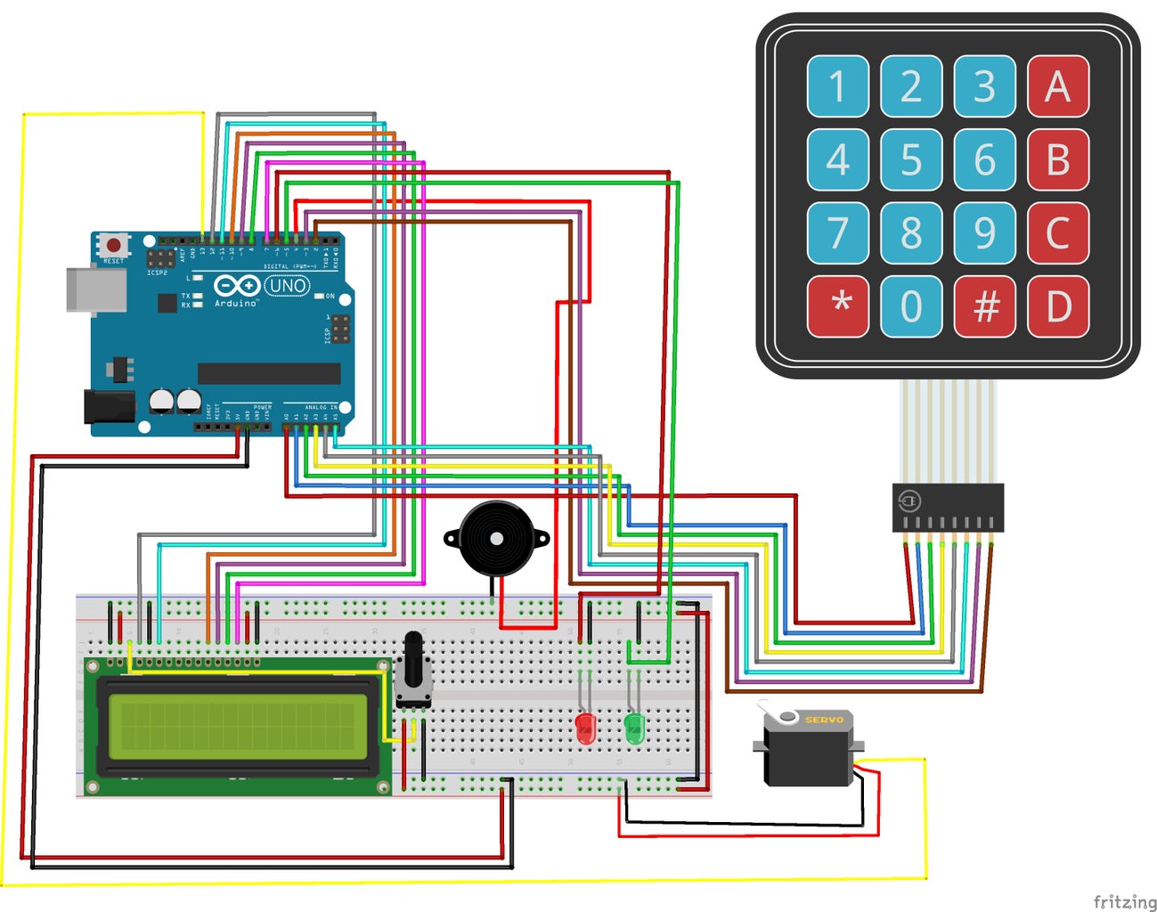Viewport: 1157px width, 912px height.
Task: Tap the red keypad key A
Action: pyautogui.click(x=1057, y=86)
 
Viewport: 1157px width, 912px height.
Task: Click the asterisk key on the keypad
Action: pyautogui.click(x=838, y=306)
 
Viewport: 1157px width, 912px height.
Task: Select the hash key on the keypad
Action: pyautogui.click(x=984, y=306)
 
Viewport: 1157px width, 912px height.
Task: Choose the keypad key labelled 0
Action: pyautogui.click(x=911, y=306)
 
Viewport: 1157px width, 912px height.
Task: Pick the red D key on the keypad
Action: pyautogui.click(x=1057, y=306)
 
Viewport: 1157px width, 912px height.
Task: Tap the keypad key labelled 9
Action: pyautogui.click(x=984, y=233)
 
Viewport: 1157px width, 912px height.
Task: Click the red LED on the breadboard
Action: pyautogui.click(x=585, y=727)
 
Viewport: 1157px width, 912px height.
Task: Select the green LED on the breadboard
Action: pyautogui.click(x=634, y=727)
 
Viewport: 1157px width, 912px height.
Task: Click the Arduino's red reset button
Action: pyautogui.click(x=113, y=245)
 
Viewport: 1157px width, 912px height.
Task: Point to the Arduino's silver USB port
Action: pyautogui.click(x=95, y=289)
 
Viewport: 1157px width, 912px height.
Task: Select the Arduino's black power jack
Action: pyautogui.click(x=109, y=406)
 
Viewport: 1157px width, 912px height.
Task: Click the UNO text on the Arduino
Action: pyautogui.click(x=287, y=286)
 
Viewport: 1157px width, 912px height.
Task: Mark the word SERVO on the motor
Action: pyautogui.click(x=823, y=720)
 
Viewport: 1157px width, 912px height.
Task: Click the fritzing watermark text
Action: pyautogui.click(x=1124, y=901)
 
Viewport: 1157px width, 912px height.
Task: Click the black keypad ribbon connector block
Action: pyautogui.click(x=948, y=508)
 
